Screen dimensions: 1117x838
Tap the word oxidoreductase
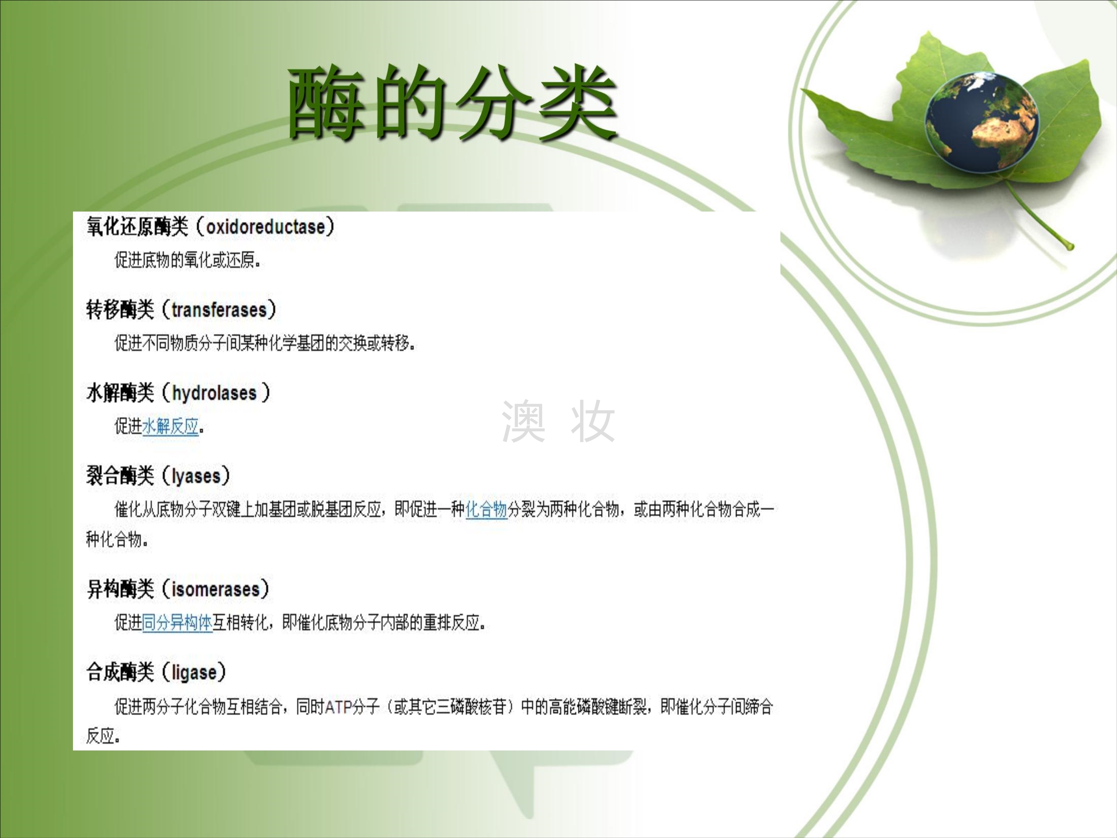pos(265,227)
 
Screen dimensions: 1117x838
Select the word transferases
pos(219,310)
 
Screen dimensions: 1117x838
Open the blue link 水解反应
pos(170,426)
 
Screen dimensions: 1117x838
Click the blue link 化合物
pos(486,509)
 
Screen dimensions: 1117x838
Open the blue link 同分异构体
pos(177,622)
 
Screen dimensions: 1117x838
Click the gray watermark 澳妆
pos(558,421)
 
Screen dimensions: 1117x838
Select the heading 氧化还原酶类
pos(137,226)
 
